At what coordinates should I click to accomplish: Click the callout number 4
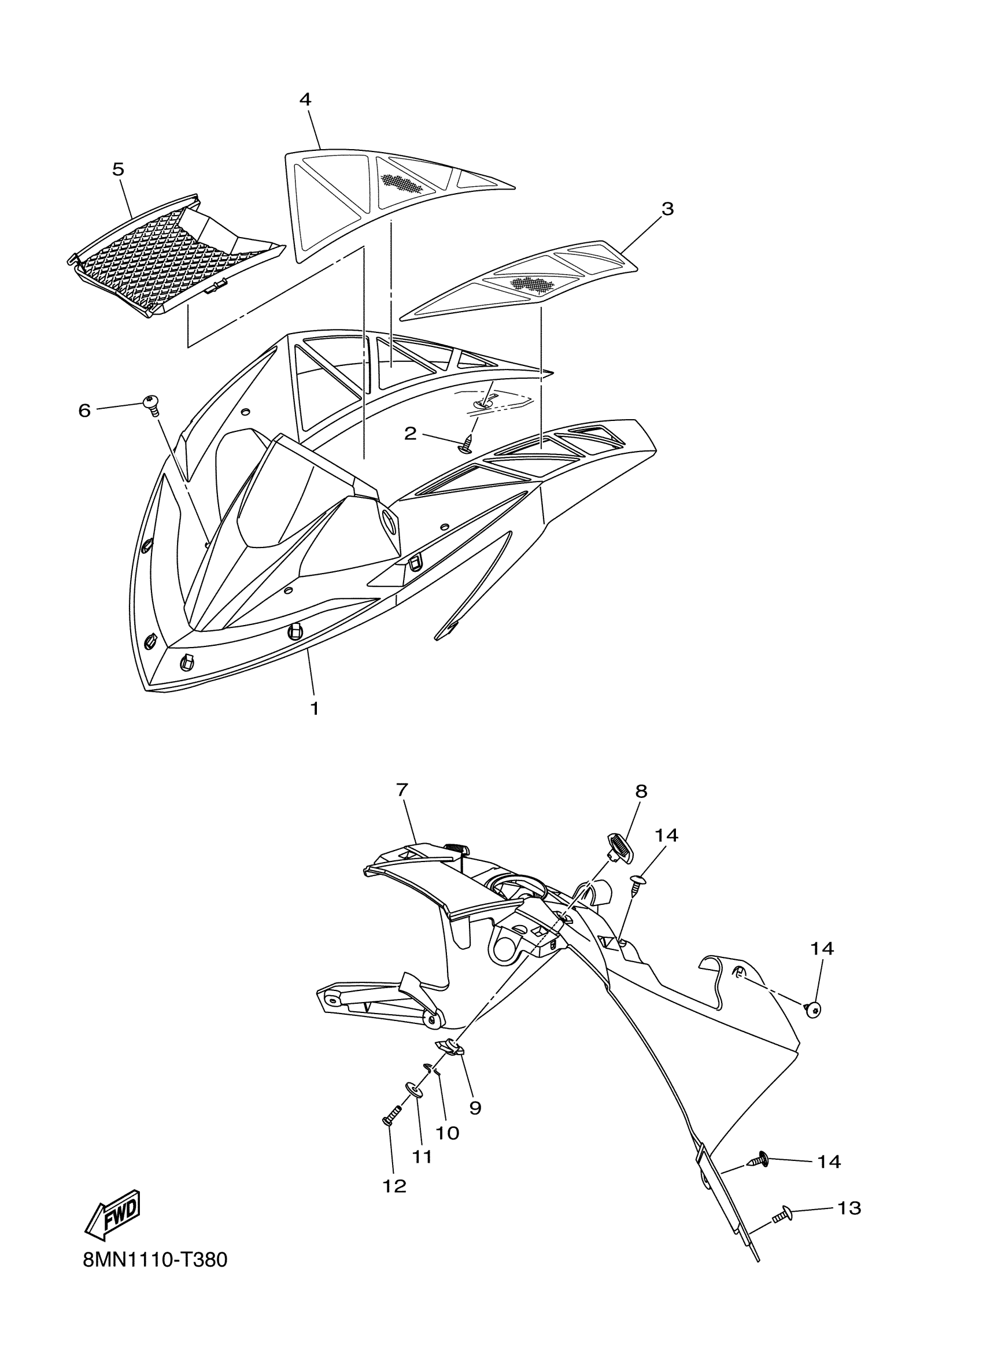point(305,99)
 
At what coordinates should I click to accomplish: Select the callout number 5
point(119,169)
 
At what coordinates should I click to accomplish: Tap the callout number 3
point(667,209)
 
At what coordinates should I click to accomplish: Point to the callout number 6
point(84,411)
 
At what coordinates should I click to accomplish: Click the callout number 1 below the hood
point(314,709)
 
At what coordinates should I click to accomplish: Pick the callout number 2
point(410,433)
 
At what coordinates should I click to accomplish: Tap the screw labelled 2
point(467,445)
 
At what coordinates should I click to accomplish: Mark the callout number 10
point(447,1133)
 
